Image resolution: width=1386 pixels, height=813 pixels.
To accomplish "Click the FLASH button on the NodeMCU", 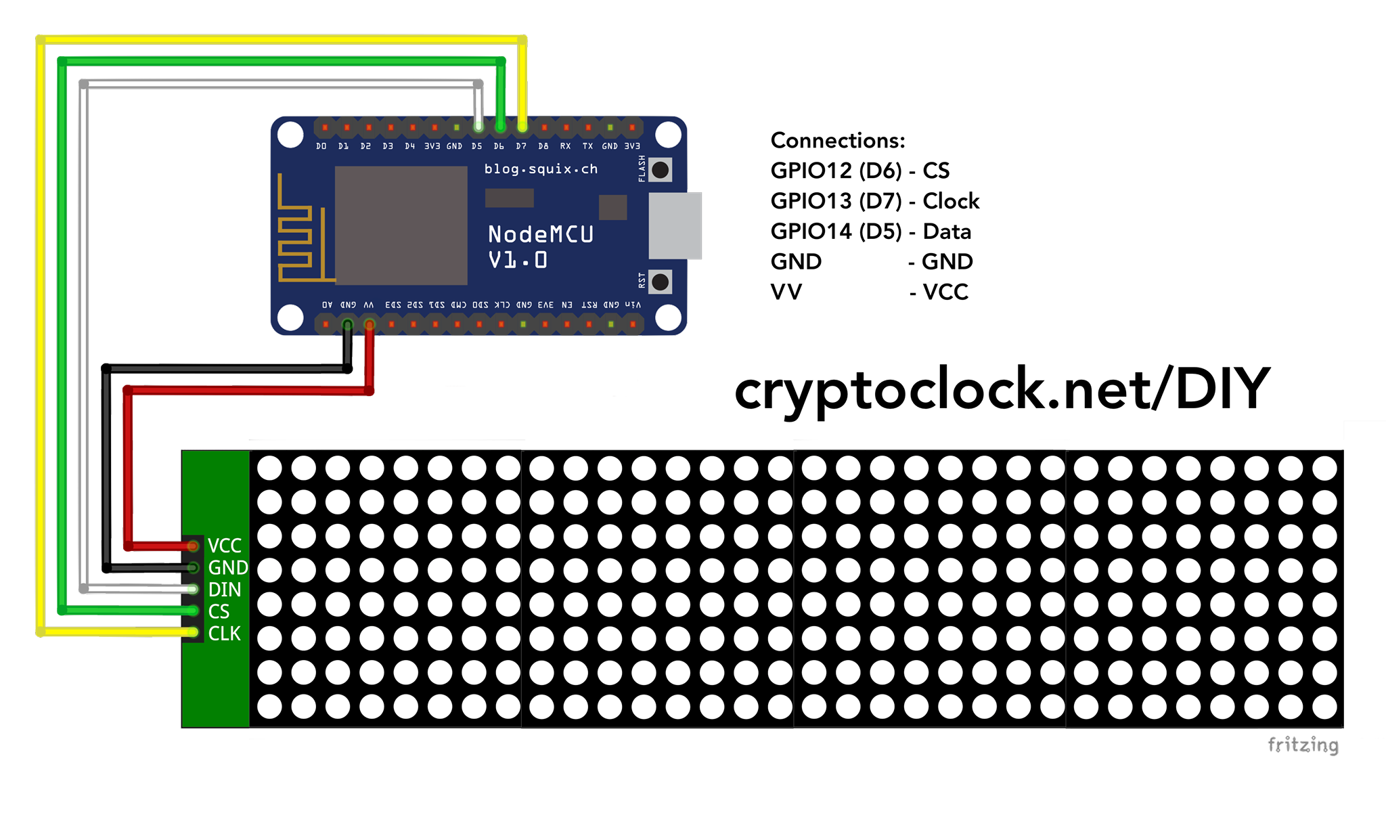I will tap(660, 170).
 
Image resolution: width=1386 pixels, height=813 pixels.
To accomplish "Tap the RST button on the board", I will tap(660, 282).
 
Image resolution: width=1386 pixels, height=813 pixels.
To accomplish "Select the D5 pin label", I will tap(477, 146).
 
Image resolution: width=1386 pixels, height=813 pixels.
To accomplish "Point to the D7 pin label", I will tap(521, 146).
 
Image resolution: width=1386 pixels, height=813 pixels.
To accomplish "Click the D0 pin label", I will tap(321, 146).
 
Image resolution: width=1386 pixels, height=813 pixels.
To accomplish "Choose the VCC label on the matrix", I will tap(225, 546).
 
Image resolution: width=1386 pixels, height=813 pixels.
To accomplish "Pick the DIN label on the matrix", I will tap(225, 590).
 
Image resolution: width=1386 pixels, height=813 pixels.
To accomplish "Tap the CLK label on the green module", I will tap(225, 634).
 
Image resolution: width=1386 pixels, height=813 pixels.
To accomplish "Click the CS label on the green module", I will tap(219, 612).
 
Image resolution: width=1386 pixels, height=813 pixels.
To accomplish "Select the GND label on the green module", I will tap(228, 567).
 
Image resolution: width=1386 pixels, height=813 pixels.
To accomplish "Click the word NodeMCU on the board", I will tap(541, 235).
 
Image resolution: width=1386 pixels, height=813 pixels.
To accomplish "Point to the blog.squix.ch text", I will tap(541, 169).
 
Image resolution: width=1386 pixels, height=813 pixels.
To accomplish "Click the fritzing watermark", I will tap(1303, 745).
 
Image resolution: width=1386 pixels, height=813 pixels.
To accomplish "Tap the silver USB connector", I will tap(675, 225).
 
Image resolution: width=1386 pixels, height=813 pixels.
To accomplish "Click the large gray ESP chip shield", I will tap(401, 225).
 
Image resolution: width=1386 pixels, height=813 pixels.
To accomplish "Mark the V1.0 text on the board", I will tap(518, 260).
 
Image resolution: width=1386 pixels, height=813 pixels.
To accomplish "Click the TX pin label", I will tap(587, 146).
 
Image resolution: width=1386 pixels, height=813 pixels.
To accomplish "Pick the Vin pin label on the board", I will tap(633, 305).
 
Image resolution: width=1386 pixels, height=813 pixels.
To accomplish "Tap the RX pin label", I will tap(565, 146).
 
